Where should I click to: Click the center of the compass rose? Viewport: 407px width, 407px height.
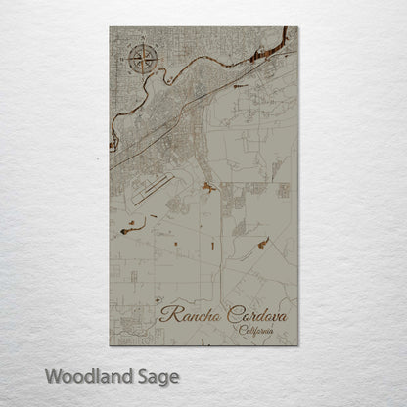coord(141,61)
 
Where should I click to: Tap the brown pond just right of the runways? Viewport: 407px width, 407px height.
coord(207,186)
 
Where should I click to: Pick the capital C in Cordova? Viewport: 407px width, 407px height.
coord(231,313)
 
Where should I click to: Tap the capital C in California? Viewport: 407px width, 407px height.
coord(240,331)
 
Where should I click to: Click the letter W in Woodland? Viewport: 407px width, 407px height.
coord(52,375)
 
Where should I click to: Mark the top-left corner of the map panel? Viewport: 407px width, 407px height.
coord(110,27)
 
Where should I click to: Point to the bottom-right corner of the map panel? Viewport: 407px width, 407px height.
coord(298,345)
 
